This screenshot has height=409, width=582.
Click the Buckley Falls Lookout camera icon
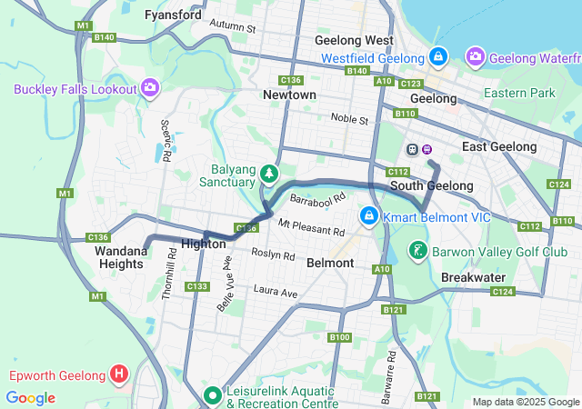(x=150, y=88)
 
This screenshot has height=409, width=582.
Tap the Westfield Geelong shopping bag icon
(x=438, y=57)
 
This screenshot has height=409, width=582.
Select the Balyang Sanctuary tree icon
(x=268, y=173)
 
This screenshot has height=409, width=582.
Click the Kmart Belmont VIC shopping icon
(x=369, y=215)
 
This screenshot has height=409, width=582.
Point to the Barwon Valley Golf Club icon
(x=417, y=250)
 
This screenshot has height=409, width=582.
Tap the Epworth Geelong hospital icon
(x=118, y=374)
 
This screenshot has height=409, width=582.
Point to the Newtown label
(x=289, y=95)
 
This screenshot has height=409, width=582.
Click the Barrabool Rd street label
(x=317, y=197)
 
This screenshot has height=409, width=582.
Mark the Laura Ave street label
(x=276, y=293)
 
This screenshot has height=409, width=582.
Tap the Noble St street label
(x=349, y=119)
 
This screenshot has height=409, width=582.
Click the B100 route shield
(x=340, y=337)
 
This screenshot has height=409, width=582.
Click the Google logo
(x=31, y=398)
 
